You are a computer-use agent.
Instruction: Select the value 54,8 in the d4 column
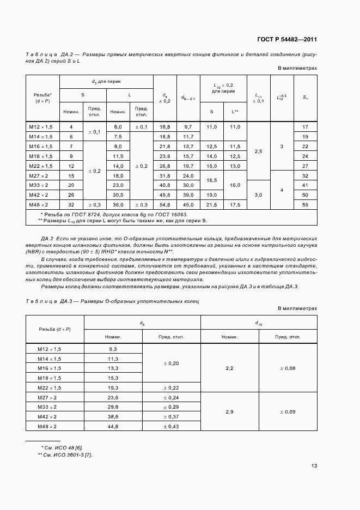164,204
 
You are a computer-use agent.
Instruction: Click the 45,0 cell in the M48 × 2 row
188,204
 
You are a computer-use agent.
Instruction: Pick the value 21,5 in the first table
211,204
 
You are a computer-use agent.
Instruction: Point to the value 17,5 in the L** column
235,204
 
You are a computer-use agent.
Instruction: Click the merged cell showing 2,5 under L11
259,152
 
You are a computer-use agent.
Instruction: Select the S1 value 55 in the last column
305,204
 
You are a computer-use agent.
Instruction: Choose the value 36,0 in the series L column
118,204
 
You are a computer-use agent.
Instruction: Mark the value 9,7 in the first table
188,126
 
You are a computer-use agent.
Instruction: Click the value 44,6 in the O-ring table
113,426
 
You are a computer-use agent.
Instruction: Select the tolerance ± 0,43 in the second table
172,426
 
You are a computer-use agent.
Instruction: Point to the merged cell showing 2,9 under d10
229,411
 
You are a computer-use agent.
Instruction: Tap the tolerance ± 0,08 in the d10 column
288,368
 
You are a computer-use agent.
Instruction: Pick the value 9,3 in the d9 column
113,349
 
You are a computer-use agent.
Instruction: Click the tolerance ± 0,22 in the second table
172,387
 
